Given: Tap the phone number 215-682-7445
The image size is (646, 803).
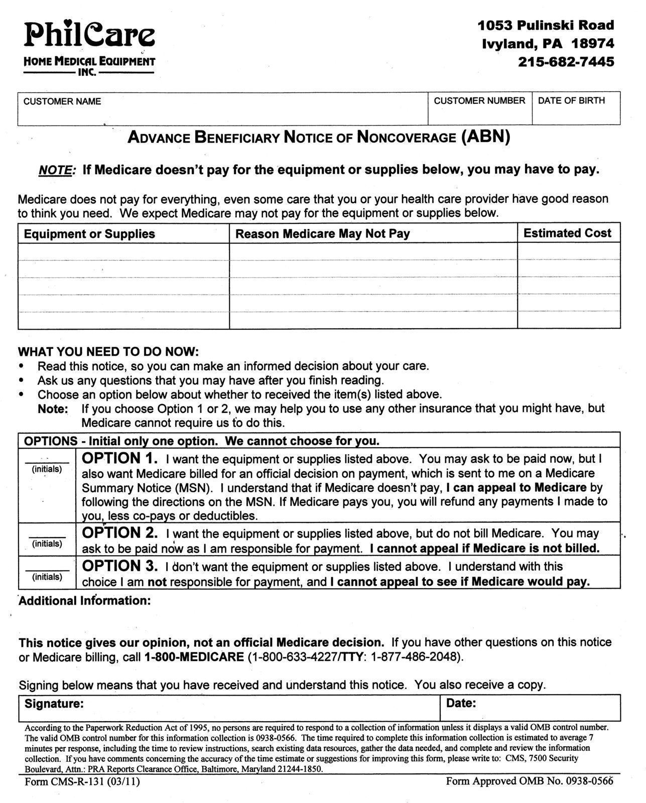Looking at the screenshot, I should tap(566, 62).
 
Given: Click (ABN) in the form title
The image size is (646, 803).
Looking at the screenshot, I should tap(485, 137).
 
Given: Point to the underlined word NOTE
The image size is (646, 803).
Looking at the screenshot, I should tap(56, 170).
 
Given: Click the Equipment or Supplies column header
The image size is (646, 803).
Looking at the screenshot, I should tap(89, 234).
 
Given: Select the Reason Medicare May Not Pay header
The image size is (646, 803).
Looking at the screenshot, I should tap(322, 234).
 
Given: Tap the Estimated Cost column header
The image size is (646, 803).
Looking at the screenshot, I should tap(567, 233).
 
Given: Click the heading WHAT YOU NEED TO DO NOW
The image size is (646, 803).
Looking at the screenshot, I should tap(108, 352).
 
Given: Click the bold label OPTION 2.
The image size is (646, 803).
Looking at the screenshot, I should tap(119, 533).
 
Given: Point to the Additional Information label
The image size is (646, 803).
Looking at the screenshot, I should tap(84, 601).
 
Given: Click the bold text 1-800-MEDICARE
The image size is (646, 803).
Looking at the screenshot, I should tap(194, 657).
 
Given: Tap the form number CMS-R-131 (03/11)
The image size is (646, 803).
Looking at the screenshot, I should tap(82, 782).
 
